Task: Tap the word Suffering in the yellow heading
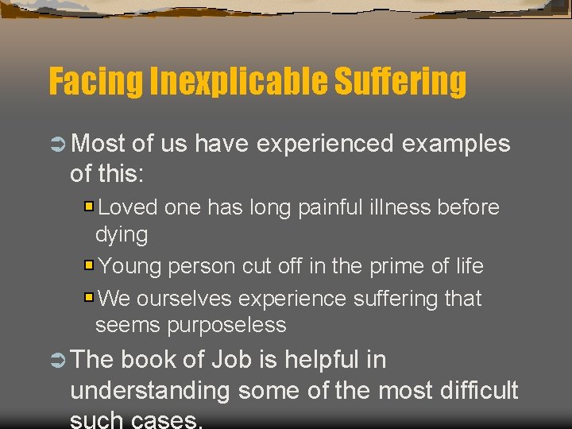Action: (401, 82)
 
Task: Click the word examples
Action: (456, 144)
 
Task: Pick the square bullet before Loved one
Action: (89, 207)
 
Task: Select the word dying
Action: (122, 235)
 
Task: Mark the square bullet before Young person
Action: (89, 265)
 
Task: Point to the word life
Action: (469, 266)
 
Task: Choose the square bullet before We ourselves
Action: (89, 298)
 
